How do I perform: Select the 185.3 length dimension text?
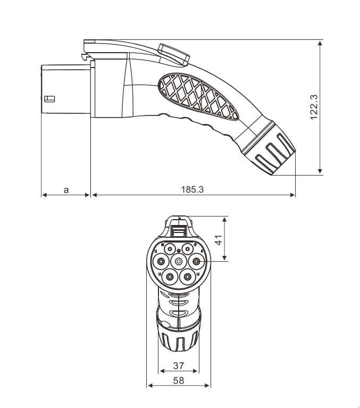pyautogui.click(x=192, y=189)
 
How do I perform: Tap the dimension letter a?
pyautogui.click(x=66, y=189)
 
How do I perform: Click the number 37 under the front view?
pyautogui.click(x=179, y=365)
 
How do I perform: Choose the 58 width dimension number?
pyautogui.click(x=179, y=381)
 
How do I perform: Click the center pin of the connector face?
pyautogui.click(x=178, y=261)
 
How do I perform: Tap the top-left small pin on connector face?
pyautogui.click(x=169, y=248)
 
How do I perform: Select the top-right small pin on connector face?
pyautogui.click(x=188, y=248)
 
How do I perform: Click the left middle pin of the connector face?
pyautogui.click(x=160, y=261)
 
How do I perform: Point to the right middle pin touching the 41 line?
pyautogui.click(x=196, y=261)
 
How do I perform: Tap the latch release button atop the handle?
pyautogui.click(x=172, y=53)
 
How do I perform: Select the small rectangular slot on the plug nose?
pyautogui.click(x=49, y=98)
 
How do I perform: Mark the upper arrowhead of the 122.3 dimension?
pyautogui.click(x=320, y=43)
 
